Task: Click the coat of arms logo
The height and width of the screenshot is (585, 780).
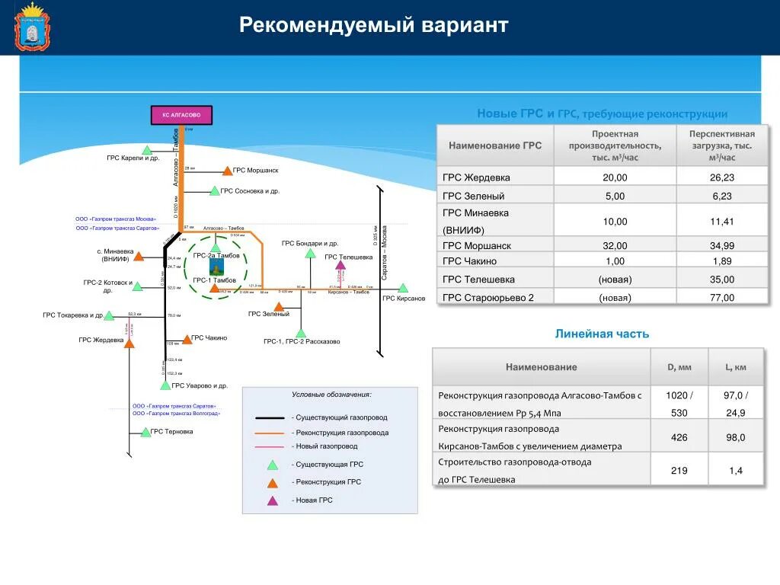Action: tap(31, 27)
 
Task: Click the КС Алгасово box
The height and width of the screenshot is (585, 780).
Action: tap(181, 115)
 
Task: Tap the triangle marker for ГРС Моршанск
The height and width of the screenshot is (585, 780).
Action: tap(227, 171)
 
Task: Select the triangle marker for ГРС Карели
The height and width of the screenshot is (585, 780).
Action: tap(146, 149)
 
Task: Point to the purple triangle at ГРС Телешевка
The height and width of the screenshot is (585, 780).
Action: tap(340, 266)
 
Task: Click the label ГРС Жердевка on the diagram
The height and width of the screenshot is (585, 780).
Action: tap(101, 340)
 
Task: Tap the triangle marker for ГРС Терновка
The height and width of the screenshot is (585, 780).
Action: tap(145, 432)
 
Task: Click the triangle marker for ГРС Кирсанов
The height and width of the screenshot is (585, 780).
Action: tap(403, 289)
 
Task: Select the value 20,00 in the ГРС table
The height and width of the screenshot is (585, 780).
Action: tap(615, 177)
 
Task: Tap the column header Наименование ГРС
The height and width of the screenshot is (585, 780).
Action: tap(495, 145)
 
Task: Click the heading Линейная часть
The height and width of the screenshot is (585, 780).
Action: tap(602, 334)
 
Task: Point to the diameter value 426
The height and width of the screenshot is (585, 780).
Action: tap(679, 437)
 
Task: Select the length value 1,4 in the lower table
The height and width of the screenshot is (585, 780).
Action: tap(736, 471)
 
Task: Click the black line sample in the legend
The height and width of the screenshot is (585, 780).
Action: tap(270, 417)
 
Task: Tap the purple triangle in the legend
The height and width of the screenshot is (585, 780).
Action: tap(272, 500)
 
